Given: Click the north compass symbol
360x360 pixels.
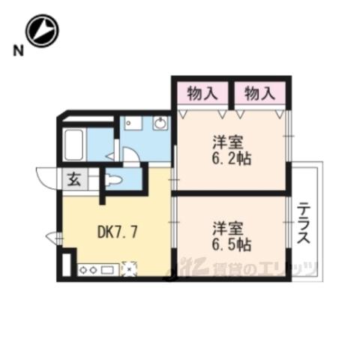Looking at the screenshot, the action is point(42,31).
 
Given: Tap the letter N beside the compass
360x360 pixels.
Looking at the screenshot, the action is point(18,50).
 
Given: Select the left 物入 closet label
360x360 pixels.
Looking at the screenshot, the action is point(202,94).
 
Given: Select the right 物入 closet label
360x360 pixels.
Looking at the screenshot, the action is point(260,94).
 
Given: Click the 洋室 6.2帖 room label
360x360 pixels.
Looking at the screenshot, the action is point(232,150).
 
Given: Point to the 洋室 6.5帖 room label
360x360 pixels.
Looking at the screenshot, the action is point(232,235).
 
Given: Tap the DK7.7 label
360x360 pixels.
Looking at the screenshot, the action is point(117,232).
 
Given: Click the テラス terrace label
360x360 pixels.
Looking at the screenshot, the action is point(304,223).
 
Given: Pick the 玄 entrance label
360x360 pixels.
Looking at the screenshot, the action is point(74,180).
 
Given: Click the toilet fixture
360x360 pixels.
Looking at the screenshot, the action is point(114,180).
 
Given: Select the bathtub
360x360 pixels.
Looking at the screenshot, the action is point(74,145).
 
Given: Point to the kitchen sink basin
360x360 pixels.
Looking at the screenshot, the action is point(107,270).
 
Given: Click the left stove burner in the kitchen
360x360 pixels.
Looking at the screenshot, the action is point(83,270).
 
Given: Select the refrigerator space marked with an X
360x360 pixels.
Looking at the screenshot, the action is point(129,269).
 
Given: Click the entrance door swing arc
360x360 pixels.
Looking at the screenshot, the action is point(46,178).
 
